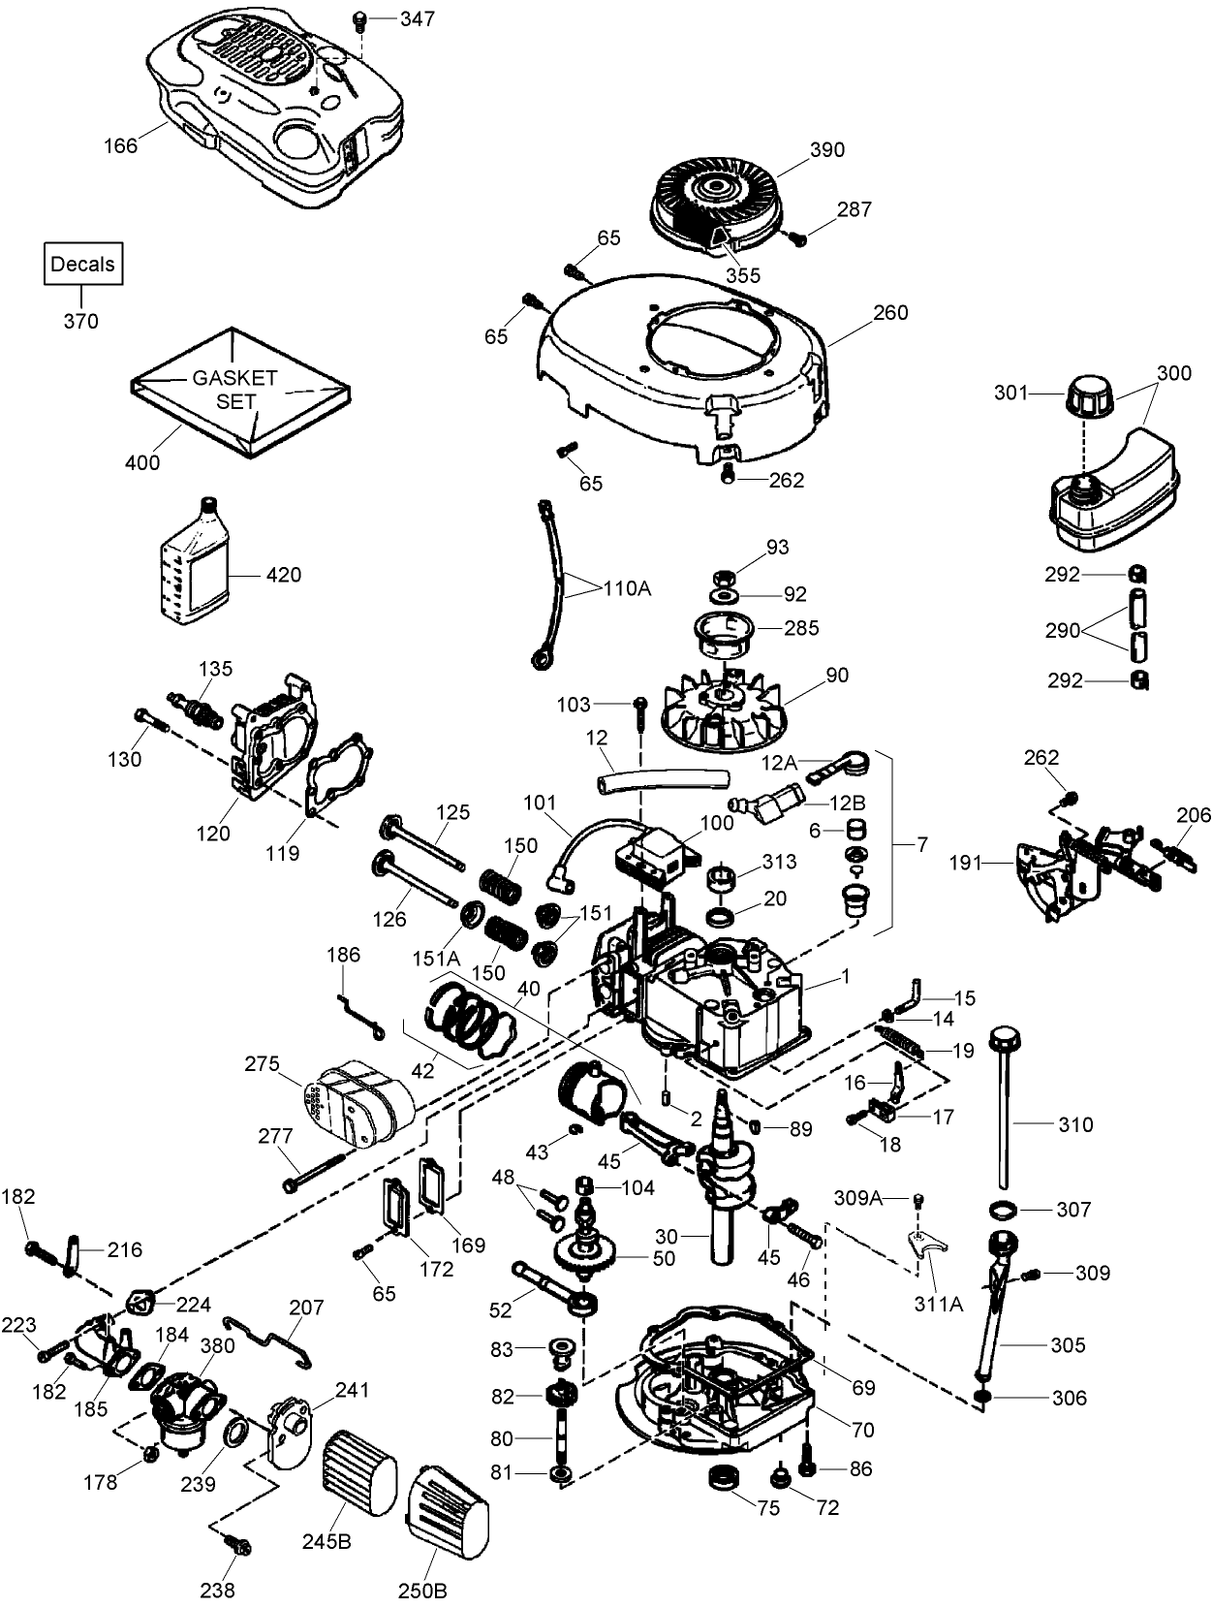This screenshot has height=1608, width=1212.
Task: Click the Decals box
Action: (82, 264)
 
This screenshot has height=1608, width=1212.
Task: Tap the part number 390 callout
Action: (826, 150)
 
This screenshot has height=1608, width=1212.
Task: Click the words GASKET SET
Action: (235, 389)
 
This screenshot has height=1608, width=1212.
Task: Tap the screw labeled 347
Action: (358, 18)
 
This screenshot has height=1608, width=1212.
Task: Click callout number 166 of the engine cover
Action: (121, 145)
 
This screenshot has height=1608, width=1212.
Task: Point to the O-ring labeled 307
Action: (1003, 1209)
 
